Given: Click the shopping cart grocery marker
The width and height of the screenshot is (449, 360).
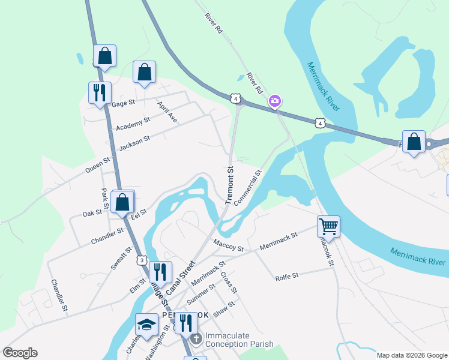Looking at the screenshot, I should [x=328, y=227].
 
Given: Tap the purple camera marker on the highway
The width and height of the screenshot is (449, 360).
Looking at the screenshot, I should [x=275, y=101].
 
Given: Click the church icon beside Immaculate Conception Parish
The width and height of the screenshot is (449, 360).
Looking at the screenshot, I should [x=196, y=340].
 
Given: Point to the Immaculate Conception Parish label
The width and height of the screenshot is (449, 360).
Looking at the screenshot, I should [x=239, y=340].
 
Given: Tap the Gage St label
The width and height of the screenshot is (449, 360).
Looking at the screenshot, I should [x=122, y=104].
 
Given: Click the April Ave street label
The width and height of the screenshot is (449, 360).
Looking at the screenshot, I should [x=167, y=112].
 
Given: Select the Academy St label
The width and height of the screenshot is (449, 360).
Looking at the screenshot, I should [x=133, y=125].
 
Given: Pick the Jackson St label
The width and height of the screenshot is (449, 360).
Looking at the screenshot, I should [x=134, y=143].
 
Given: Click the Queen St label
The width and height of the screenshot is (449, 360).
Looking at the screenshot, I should [x=98, y=165].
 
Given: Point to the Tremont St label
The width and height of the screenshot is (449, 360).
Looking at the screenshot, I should [x=229, y=185].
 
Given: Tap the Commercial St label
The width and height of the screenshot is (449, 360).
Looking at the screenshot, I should [x=248, y=188].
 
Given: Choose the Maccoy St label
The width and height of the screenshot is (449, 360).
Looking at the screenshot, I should [x=228, y=245].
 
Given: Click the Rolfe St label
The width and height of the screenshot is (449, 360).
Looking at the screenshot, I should [x=286, y=277].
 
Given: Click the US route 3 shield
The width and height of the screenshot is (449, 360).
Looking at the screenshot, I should [x=141, y=260].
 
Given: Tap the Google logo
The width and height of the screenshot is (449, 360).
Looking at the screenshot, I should [x=20, y=353].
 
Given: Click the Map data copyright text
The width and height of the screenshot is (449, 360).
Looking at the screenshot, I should [x=412, y=355].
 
